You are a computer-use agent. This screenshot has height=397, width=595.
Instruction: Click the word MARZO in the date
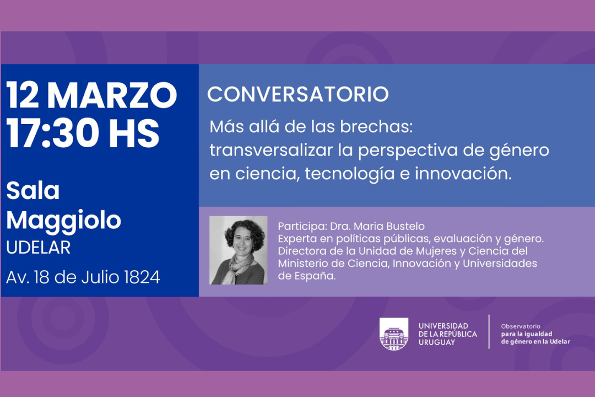[112, 95]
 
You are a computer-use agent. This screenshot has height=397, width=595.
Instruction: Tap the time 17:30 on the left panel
[53, 133]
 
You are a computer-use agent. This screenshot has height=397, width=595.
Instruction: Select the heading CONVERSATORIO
[298, 94]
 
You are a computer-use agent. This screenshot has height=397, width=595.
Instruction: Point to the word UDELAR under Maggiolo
[39, 248]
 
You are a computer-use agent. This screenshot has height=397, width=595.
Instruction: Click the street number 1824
[142, 277]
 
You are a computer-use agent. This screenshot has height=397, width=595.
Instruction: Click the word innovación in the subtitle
[463, 174]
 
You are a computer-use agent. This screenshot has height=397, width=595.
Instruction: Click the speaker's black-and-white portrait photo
[239, 250]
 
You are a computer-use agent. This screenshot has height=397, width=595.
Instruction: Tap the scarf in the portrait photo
[239, 268]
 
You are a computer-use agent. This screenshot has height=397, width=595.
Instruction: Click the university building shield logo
[394, 334]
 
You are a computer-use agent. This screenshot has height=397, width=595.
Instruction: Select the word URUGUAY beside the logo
[437, 342]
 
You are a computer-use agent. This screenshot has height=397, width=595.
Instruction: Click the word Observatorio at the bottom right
[521, 326]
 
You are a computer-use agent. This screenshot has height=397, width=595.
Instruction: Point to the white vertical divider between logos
[489, 331]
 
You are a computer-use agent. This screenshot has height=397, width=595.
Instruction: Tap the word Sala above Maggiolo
[33, 190]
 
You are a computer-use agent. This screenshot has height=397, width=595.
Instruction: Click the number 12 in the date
[23, 95]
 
